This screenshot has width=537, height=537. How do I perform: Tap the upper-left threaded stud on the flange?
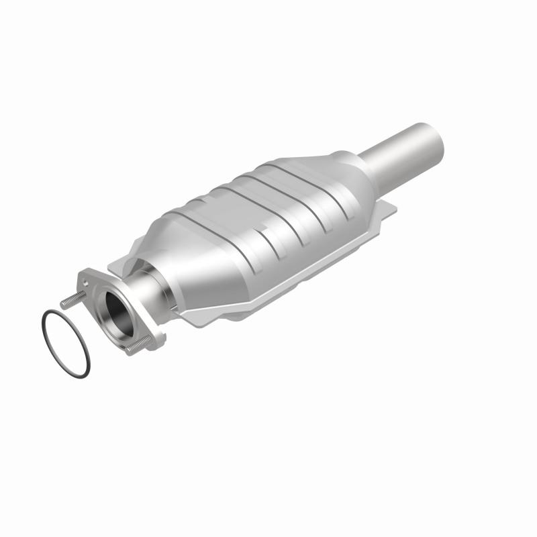[70, 301]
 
